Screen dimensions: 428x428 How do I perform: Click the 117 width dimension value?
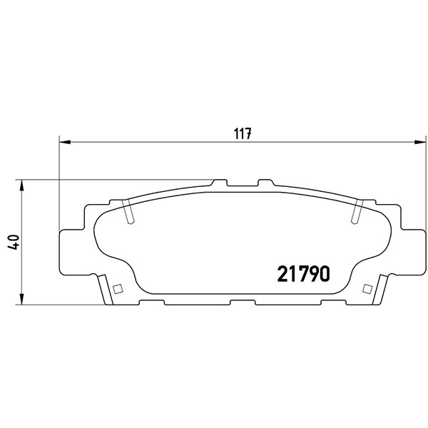243,134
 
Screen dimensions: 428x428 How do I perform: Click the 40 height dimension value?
14,242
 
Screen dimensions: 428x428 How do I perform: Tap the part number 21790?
304,274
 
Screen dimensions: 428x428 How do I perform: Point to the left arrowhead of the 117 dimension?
65,142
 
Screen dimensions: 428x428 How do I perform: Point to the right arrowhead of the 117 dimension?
420,142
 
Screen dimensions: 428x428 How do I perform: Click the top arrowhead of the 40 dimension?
22,185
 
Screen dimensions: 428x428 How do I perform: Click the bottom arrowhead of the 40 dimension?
22,299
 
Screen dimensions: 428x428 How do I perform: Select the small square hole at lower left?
118,289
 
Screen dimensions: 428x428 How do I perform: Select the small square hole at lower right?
367,289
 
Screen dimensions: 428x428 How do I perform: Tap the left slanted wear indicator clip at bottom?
106,290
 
